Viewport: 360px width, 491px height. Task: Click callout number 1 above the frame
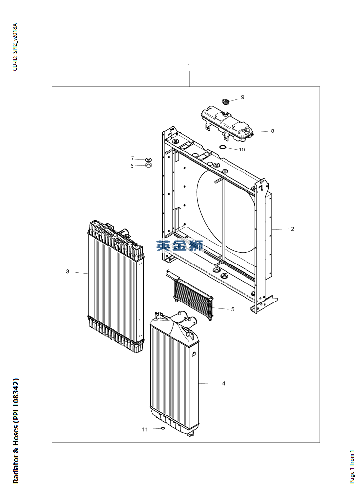tap(189, 65)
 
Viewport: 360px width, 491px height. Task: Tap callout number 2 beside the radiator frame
tap(292, 229)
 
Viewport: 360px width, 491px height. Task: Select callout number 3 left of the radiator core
tap(68, 271)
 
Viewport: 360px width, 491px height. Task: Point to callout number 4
tap(224, 384)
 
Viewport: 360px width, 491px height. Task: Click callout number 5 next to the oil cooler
tap(233, 309)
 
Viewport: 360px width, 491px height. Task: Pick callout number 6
tap(132, 166)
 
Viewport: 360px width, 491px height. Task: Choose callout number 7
tap(132, 158)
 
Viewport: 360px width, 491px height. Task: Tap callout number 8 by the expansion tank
tap(272, 131)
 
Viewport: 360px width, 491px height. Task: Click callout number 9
tap(242, 97)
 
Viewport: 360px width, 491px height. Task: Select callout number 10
tap(242, 150)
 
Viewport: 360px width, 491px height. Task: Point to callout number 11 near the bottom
tap(145, 429)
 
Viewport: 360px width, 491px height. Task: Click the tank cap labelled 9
tap(225, 102)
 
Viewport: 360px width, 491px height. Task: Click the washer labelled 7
tap(148, 159)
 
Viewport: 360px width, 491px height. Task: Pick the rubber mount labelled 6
tap(148, 165)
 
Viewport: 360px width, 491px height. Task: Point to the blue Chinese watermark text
tap(179, 245)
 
